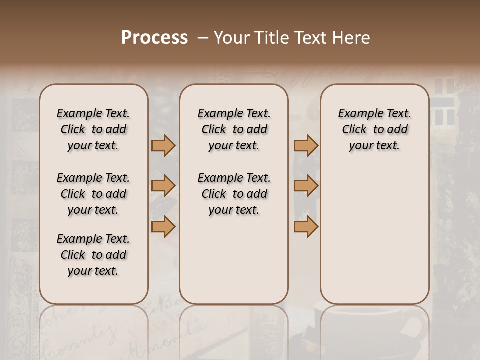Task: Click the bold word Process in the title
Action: pyautogui.click(x=154, y=38)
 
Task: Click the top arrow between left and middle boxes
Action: pyautogui.click(x=163, y=145)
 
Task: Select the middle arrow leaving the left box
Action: pyautogui.click(x=163, y=186)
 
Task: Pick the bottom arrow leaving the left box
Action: pyautogui.click(x=163, y=226)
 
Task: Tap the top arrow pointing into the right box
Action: pyautogui.click(x=306, y=145)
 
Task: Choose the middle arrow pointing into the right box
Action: pyautogui.click(x=306, y=186)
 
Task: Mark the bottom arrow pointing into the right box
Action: pyautogui.click(x=306, y=226)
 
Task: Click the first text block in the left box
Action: pyautogui.click(x=93, y=129)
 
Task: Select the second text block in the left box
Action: pyautogui.click(x=93, y=194)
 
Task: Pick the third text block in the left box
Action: pyautogui.click(x=93, y=255)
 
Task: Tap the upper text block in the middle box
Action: pyautogui.click(x=234, y=129)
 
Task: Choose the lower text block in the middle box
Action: pyautogui.click(x=234, y=194)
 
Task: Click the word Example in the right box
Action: pyautogui.click(x=357, y=113)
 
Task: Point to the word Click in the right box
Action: pyautogui.click(x=354, y=129)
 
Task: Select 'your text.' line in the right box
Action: pyautogui.click(x=374, y=145)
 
